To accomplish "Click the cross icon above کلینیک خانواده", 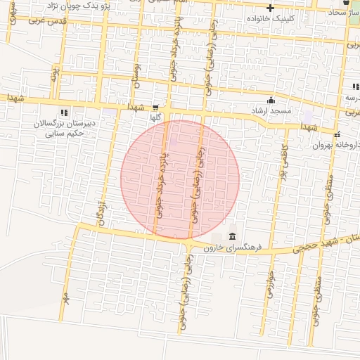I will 269,7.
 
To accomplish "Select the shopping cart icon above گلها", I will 155,108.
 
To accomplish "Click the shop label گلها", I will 155,119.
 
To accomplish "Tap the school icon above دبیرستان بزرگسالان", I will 64,112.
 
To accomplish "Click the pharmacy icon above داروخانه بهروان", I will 337,134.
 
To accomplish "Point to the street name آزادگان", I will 101,212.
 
